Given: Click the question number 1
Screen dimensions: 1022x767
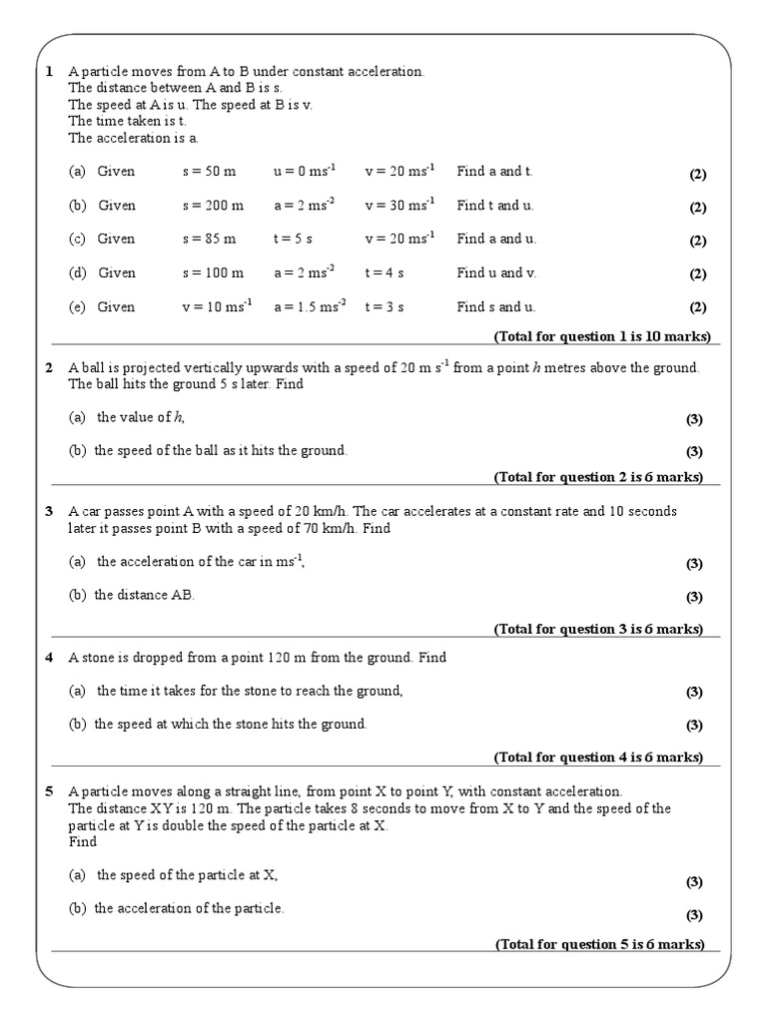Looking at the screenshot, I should point(49,72).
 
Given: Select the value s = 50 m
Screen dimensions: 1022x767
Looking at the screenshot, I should point(208,172).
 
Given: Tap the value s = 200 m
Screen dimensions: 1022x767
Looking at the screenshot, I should point(212,206).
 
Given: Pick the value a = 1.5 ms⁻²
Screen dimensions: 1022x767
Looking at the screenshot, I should point(310,306).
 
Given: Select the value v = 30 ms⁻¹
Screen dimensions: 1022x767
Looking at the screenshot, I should point(399,206).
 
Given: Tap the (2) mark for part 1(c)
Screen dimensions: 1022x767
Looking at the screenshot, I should point(697,241).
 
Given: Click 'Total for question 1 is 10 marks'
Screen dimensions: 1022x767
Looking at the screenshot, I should point(602,336).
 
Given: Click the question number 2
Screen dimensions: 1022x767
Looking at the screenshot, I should point(49,368).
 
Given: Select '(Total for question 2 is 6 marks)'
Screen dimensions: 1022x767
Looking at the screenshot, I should point(598,477).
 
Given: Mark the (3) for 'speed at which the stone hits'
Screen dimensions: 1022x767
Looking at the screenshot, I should point(694,725).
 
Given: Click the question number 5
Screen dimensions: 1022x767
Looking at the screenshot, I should point(49,791).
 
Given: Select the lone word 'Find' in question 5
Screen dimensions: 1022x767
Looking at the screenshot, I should point(83,841).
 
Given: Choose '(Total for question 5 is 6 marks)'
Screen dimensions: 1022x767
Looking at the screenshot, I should point(599,944).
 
